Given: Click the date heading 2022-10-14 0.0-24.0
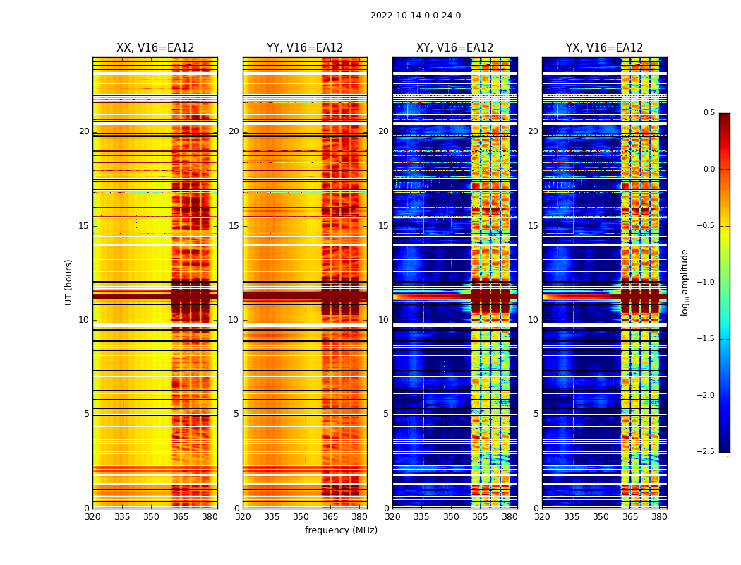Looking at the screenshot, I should point(415,16).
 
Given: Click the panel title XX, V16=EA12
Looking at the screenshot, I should point(155,48).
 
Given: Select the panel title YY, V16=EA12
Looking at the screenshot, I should point(305,48).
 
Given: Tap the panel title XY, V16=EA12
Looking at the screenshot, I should point(454,48).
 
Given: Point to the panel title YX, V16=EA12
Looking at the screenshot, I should point(604,48).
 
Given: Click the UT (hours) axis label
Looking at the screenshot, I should point(68,282).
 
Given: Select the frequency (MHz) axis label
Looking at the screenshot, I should point(341,530).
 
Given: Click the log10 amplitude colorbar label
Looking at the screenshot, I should point(685,282).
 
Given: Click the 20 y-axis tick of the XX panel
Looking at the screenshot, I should point(84,131).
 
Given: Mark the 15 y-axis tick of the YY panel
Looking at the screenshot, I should point(234,226).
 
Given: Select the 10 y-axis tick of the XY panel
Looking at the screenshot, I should point(383,320).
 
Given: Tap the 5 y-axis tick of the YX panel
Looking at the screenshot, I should point(536,414).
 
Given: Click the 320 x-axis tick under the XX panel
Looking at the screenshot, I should point(92,517).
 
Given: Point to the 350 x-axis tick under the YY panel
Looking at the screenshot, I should point(301,517).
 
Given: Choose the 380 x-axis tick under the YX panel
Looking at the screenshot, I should point(659,517).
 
